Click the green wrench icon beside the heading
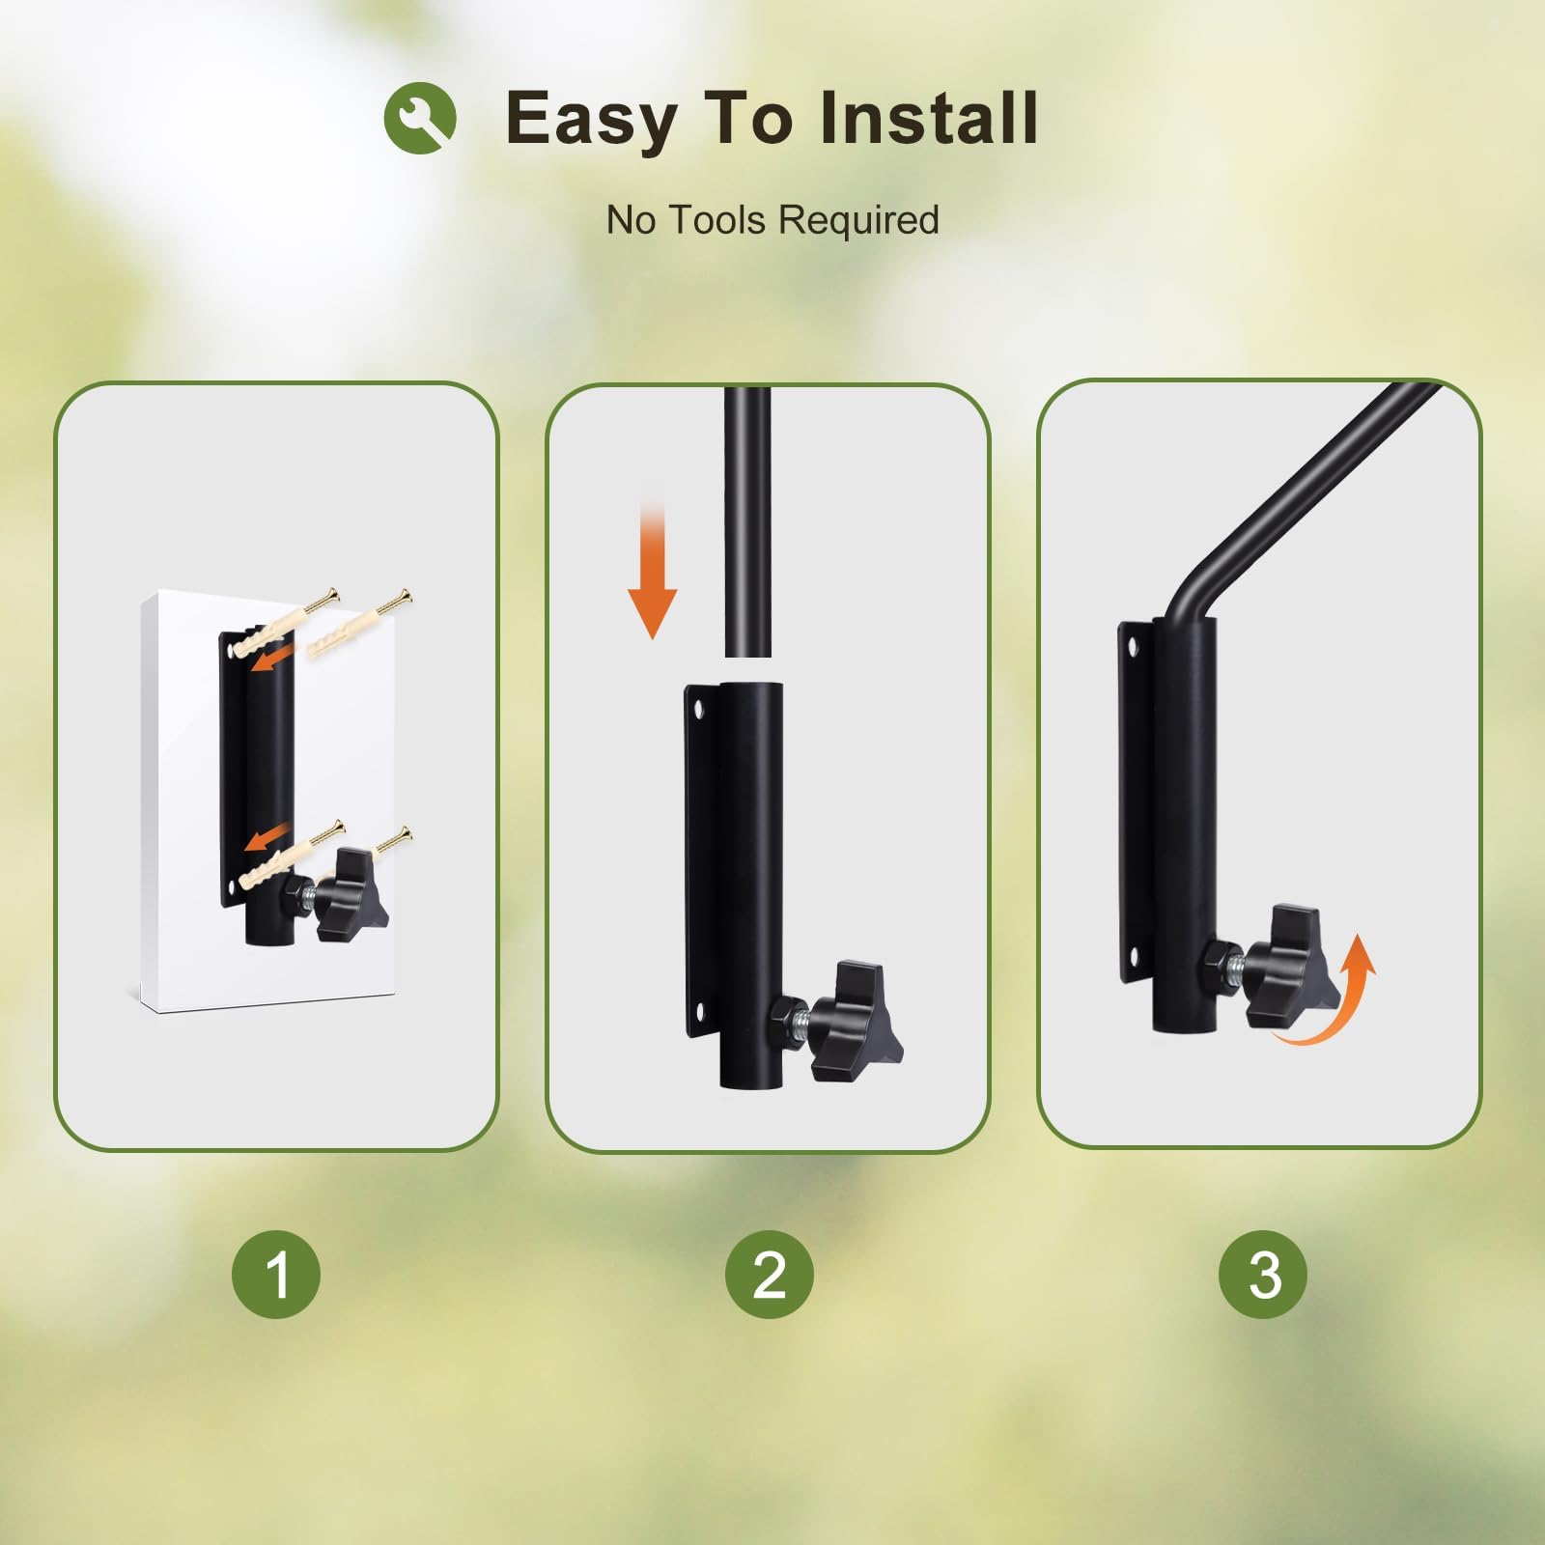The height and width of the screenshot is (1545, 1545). pyautogui.click(x=420, y=117)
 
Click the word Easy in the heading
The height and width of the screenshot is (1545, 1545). pyautogui.click(x=590, y=120)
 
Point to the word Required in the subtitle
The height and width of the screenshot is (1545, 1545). pyautogui.click(x=858, y=221)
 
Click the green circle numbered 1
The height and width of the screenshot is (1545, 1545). pyautogui.click(x=276, y=1275)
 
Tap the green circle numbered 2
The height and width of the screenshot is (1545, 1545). pyautogui.click(x=770, y=1275)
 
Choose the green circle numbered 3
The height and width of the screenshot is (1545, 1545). pyautogui.click(x=1263, y=1275)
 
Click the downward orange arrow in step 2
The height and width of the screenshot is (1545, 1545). pyautogui.click(x=653, y=569)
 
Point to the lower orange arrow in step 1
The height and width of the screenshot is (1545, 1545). pyautogui.click(x=268, y=836)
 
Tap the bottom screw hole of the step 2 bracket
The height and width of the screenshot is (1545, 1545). pyautogui.click(x=699, y=1010)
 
